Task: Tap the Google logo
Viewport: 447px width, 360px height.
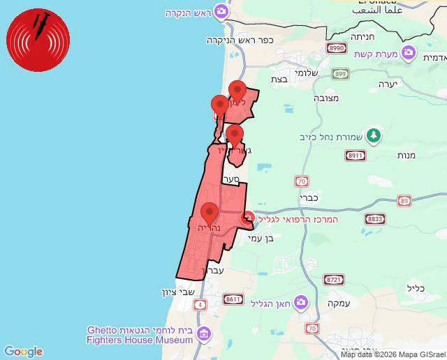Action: [x=23, y=352]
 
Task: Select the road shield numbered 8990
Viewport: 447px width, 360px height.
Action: [x=337, y=48]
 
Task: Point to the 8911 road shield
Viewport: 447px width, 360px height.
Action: [x=356, y=156]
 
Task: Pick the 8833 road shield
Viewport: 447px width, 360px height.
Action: [x=375, y=218]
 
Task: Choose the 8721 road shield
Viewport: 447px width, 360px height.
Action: [x=334, y=279]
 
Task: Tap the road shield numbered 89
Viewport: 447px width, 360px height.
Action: [x=404, y=201]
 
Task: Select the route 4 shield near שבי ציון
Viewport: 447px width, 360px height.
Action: [x=202, y=304]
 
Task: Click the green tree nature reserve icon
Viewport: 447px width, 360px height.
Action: [x=374, y=135]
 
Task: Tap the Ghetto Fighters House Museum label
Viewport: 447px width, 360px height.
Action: [x=140, y=335]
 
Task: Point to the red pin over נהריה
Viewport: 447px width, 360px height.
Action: [x=209, y=212]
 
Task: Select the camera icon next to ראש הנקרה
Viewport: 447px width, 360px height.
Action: [x=221, y=11]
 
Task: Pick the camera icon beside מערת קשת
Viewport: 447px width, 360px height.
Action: [x=410, y=51]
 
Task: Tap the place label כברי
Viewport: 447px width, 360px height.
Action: [x=309, y=198]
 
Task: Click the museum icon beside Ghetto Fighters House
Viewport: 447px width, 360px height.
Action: [x=203, y=333]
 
